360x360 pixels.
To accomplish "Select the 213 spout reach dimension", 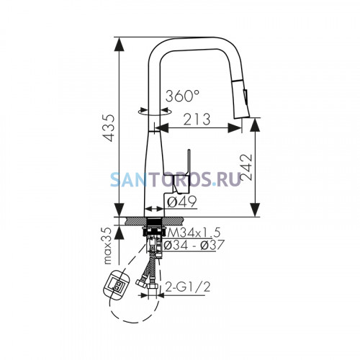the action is point(197,120).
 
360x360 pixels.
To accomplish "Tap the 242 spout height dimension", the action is point(246,167).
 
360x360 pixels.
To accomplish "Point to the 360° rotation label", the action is point(182,96).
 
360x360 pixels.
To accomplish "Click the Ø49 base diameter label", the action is point(182,202).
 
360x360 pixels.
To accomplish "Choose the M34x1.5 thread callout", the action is point(194,233).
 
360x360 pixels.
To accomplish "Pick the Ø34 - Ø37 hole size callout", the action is point(194,245).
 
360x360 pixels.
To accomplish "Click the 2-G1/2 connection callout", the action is point(188,287).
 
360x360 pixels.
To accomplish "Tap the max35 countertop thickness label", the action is point(108,246).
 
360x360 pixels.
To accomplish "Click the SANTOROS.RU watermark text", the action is point(176,179).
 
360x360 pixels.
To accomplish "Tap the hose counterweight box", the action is point(116,285).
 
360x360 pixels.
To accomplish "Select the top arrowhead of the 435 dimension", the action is point(120,44).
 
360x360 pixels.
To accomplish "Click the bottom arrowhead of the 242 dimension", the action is point(255,210).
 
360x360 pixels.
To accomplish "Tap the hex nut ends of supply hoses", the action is point(147,285).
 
